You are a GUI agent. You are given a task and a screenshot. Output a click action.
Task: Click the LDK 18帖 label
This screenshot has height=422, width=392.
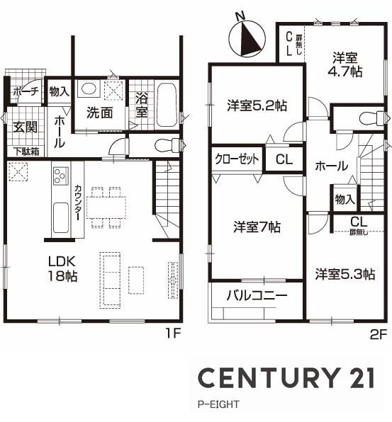62,268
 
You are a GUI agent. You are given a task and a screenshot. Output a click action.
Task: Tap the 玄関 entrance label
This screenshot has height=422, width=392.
26,127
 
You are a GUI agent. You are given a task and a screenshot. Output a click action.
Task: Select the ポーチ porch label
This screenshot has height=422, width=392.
26,91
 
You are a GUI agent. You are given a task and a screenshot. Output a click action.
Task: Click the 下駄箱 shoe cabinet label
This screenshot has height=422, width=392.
27,152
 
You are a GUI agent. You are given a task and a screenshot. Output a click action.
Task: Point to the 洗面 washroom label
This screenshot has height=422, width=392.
99,113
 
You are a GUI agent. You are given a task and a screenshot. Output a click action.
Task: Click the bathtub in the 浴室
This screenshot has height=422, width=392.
167,105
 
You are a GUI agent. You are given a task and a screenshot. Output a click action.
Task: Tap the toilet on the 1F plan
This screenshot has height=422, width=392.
167,145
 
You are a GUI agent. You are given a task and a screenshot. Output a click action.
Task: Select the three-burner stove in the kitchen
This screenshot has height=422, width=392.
61,175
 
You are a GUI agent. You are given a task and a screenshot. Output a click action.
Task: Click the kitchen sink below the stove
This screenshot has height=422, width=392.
61,217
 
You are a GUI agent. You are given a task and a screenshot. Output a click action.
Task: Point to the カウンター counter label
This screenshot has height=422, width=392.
77,203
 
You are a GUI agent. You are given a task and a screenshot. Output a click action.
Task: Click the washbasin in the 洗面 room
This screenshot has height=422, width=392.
89,89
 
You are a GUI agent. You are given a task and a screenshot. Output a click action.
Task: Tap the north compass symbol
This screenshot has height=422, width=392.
247,38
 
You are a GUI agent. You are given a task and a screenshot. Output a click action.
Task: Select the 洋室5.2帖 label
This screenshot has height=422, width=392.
257,105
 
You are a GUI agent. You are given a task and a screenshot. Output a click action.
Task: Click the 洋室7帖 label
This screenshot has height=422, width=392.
257,227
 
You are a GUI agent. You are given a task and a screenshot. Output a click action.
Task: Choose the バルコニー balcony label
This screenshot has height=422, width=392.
257,295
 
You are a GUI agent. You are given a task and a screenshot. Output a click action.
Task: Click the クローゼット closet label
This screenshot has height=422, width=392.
237,159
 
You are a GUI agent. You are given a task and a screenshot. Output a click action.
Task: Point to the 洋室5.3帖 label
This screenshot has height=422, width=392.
345,274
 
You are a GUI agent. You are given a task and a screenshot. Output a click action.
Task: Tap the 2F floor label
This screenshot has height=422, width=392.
379,334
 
